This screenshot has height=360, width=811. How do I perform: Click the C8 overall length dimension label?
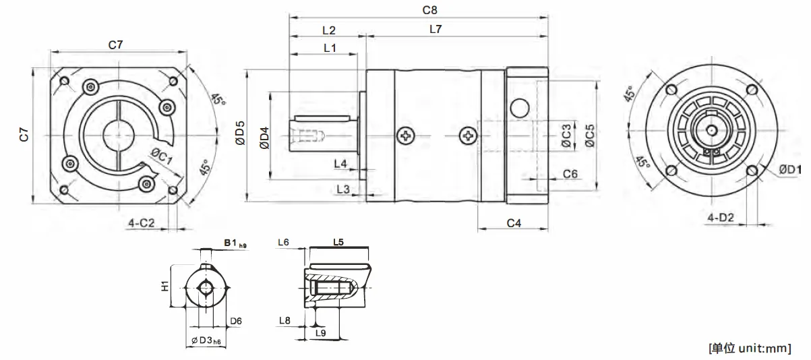[x=429, y=10]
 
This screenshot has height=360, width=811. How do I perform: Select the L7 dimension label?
[x=435, y=29]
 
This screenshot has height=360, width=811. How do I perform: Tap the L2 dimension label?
[x=328, y=30]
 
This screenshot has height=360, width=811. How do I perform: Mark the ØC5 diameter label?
[x=590, y=136]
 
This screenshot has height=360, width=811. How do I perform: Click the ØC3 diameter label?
[x=566, y=136]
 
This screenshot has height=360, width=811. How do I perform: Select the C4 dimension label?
[x=514, y=222]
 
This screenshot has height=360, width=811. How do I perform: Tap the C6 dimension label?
[x=570, y=173]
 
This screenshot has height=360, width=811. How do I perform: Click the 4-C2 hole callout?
[x=142, y=222]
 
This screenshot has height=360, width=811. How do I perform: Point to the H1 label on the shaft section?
[x=164, y=287]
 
